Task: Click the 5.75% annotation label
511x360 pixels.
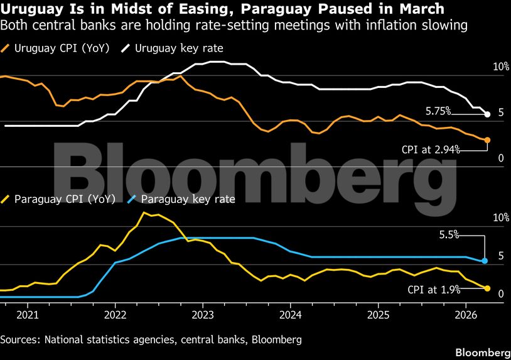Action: [x=438, y=111]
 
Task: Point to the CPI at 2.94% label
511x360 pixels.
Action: [x=431, y=150]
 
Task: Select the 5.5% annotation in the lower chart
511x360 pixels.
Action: [x=449, y=234]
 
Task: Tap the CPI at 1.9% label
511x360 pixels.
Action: [x=434, y=290]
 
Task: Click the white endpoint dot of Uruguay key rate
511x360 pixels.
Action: [x=487, y=114]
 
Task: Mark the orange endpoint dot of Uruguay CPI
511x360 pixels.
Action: [x=487, y=140]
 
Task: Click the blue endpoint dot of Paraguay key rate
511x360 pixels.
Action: [x=485, y=261]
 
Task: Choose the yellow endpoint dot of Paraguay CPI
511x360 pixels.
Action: [x=487, y=288]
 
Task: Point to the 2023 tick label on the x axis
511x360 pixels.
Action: [x=203, y=314]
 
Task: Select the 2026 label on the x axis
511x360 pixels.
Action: [x=466, y=314]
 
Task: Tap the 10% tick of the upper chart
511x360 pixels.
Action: [x=500, y=67]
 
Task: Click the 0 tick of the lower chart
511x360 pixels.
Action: [x=501, y=293]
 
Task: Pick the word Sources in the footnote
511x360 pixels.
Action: [x=20, y=340]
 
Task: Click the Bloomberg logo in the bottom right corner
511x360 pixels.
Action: [x=482, y=352]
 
